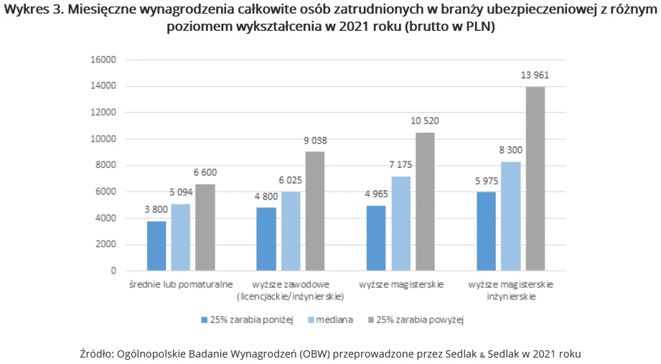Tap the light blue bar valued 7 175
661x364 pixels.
402,223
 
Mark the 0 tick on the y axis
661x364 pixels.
113,271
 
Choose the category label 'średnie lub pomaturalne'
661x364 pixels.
182,285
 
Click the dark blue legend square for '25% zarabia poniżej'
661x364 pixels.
205,320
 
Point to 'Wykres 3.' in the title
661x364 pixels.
28,11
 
